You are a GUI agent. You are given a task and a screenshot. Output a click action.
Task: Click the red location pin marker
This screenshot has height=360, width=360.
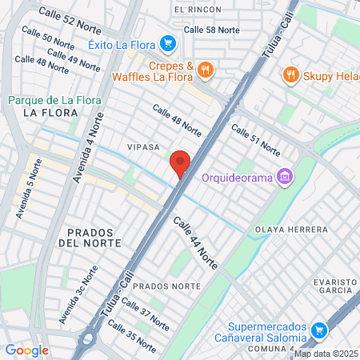(x=180, y=164)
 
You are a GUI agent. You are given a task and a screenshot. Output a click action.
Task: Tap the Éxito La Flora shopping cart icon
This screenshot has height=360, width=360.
(x=166, y=43)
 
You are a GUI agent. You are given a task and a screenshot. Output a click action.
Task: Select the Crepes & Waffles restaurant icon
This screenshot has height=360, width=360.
(x=206, y=70)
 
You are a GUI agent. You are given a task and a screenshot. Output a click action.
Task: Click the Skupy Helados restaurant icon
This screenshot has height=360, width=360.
(x=290, y=75)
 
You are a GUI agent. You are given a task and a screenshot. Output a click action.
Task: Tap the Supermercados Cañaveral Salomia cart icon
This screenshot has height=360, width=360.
(x=318, y=330)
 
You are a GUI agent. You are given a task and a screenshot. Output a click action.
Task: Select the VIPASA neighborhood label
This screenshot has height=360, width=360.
(x=143, y=148)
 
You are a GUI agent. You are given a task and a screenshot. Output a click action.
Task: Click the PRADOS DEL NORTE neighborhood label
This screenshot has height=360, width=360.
(x=90, y=237)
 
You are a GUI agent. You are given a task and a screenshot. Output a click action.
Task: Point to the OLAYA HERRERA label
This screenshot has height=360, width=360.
(x=290, y=230)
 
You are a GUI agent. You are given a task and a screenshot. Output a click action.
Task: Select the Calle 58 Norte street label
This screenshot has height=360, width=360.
(x=211, y=30)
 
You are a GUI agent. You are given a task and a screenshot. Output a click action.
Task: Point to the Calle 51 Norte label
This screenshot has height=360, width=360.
(x=255, y=140)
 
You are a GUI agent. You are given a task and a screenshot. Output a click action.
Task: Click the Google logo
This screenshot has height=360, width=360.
(x=26, y=350)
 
